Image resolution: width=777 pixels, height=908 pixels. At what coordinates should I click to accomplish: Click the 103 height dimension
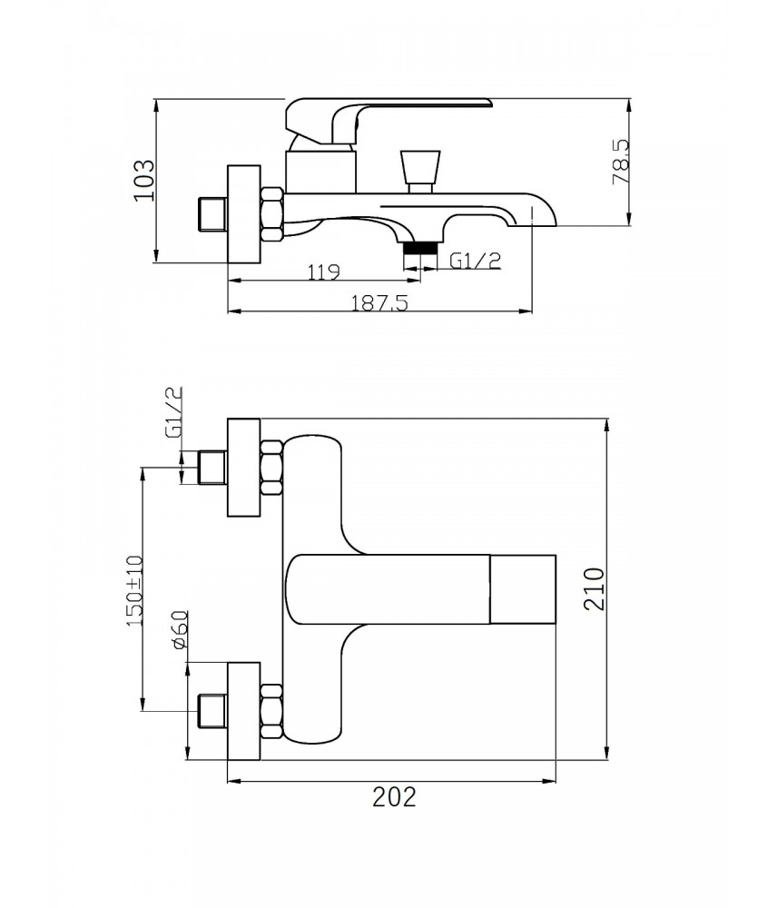click(x=144, y=180)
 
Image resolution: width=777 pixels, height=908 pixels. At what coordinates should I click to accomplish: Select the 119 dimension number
click(x=324, y=271)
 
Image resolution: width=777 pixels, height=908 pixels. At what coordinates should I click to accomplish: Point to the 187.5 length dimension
click(x=379, y=302)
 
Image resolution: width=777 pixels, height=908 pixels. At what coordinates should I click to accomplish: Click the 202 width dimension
click(x=394, y=797)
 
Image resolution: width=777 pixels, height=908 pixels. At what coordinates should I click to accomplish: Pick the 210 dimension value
click(x=594, y=589)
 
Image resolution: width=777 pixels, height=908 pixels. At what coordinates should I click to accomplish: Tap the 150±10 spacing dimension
click(x=133, y=591)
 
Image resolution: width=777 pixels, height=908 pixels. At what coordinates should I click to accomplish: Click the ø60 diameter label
click(x=179, y=629)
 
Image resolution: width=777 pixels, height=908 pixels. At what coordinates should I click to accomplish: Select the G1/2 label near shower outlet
click(x=475, y=262)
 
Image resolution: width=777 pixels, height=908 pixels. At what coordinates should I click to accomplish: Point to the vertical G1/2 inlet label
click(x=173, y=412)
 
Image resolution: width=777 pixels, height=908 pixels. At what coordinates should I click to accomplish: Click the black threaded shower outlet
click(x=419, y=248)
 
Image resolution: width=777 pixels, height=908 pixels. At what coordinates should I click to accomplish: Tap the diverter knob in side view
click(x=420, y=172)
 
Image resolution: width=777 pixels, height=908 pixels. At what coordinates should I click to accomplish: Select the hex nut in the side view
click(x=271, y=213)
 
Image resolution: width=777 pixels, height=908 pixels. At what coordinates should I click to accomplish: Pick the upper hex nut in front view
click(x=271, y=468)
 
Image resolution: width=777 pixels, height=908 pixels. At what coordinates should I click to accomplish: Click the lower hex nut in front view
click(x=271, y=711)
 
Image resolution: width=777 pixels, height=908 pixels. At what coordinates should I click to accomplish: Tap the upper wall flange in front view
click(x=244, y=467)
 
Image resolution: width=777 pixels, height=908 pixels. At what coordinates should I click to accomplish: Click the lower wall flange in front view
click(x=244, y=711)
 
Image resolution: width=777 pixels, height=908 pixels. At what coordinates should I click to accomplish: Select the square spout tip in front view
click(x=523, y=589)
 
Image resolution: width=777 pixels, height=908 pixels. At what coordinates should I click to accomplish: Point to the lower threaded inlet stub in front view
click(x=211, y=711)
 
